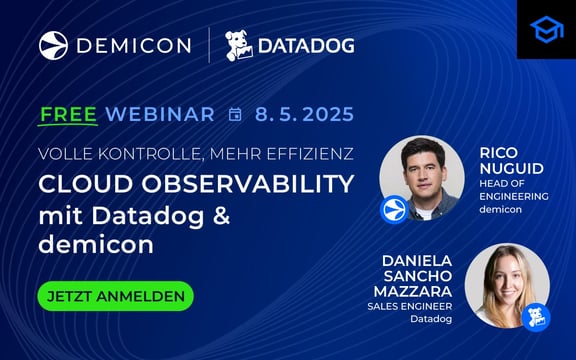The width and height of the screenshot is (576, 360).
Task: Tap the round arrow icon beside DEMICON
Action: click(53, 45)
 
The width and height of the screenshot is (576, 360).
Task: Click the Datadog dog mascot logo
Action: click(237, 46)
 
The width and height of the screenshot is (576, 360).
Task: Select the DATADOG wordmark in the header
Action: click(307, 46)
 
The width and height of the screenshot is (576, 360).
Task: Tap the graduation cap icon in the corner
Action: click(546, 29)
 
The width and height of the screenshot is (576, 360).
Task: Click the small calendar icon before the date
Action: click(235, 115)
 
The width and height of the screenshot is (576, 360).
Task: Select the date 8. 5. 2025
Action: click(304, 114)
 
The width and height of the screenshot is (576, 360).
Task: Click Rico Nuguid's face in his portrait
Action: click(421, 166)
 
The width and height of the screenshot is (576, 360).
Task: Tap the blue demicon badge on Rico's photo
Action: click(394, 210)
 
